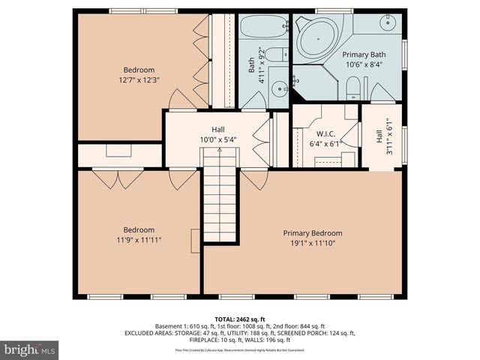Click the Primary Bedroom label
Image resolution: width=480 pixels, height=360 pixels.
(x=312, y=232)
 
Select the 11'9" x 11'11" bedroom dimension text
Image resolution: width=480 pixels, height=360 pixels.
(x=139, y=240)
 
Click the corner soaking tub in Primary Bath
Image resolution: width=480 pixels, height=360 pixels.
(x=317, y=36)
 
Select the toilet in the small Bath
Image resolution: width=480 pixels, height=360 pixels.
(x=277, y=55)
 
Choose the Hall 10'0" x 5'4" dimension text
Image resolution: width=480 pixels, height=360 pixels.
(x=218, y=139)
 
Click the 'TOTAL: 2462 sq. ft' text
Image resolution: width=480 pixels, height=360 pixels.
(x=240, y=319)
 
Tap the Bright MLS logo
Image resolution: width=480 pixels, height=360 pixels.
(x=30, y=349)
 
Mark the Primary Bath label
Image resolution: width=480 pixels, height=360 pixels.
(x=364, y=55)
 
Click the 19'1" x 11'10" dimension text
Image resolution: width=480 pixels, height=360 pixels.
(x=312, y=243)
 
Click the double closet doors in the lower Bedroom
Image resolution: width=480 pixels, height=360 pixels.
(x=118, y=178)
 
